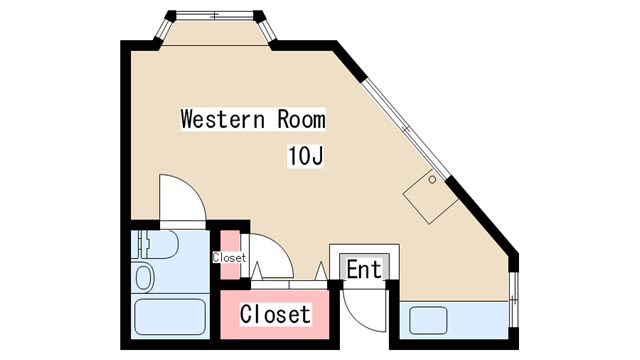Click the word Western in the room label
pos(223,119)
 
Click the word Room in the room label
pos(302,119)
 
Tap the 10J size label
pos(306,156)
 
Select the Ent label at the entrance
pos(364,269)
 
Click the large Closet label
pos(276,314)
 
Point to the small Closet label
pos(229,258)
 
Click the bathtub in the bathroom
pos(170,317)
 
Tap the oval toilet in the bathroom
pos(143,278)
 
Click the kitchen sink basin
pos(428,320)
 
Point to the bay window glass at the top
pos(215,16)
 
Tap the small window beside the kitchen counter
pos(513,300)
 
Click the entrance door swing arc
pos(354,313)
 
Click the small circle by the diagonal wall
pos(432,179)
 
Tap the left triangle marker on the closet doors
pos(257,271)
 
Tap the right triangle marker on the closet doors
pos(321,271)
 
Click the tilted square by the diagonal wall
pos(430,197)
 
